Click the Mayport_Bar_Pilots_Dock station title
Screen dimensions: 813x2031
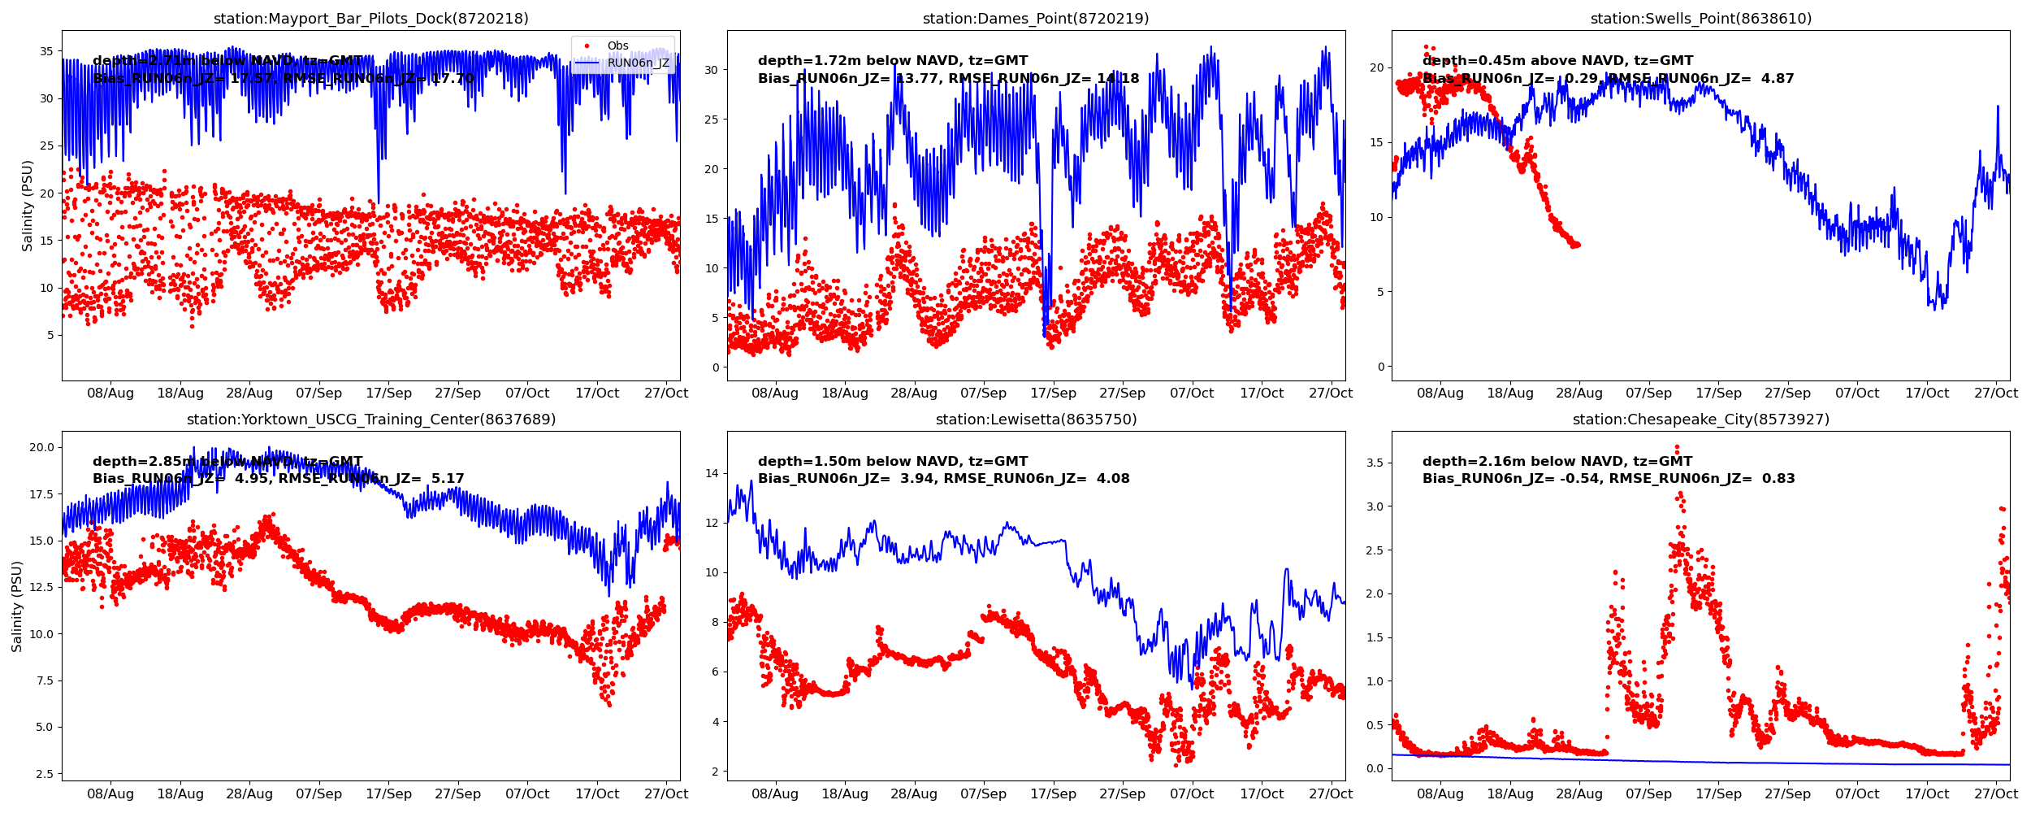pyautogui.click(x=370, y=19)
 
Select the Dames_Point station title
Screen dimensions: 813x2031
pyautogui.click(x=1035, y=19)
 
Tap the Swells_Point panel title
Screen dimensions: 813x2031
pyautogui.click(x=1700, y=19)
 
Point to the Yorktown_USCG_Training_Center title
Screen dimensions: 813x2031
pyautogui.click(x=370, y=420)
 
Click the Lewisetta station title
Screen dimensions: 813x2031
pyautogui.click(x=1035, y=420)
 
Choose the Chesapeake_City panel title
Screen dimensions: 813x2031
pyautogui.click(x=1700, y=420)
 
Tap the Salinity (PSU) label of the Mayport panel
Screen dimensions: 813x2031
pyautogui.click(x=28, y=206)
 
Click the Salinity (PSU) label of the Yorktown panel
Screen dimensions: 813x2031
pyautogui.click(x=17, y=606)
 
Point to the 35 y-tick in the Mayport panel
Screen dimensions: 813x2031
pyautogui.click(x=47, y=51)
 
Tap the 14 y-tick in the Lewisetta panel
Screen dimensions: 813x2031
pyautogui.click(x=712, y=473)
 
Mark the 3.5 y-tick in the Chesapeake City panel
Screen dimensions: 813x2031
pyautogui.click(x=1374, y=463)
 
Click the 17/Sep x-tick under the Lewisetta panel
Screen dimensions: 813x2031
pyautogui.click(x=1053, y=794)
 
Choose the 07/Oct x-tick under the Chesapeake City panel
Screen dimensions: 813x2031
pyautogui.click(x=1857, y=794)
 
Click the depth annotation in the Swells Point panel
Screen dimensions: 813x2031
pyautogui.click(x=1557, y=61)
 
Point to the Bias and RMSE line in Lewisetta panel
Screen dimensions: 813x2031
pyautogui.click(x=943, y=479)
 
